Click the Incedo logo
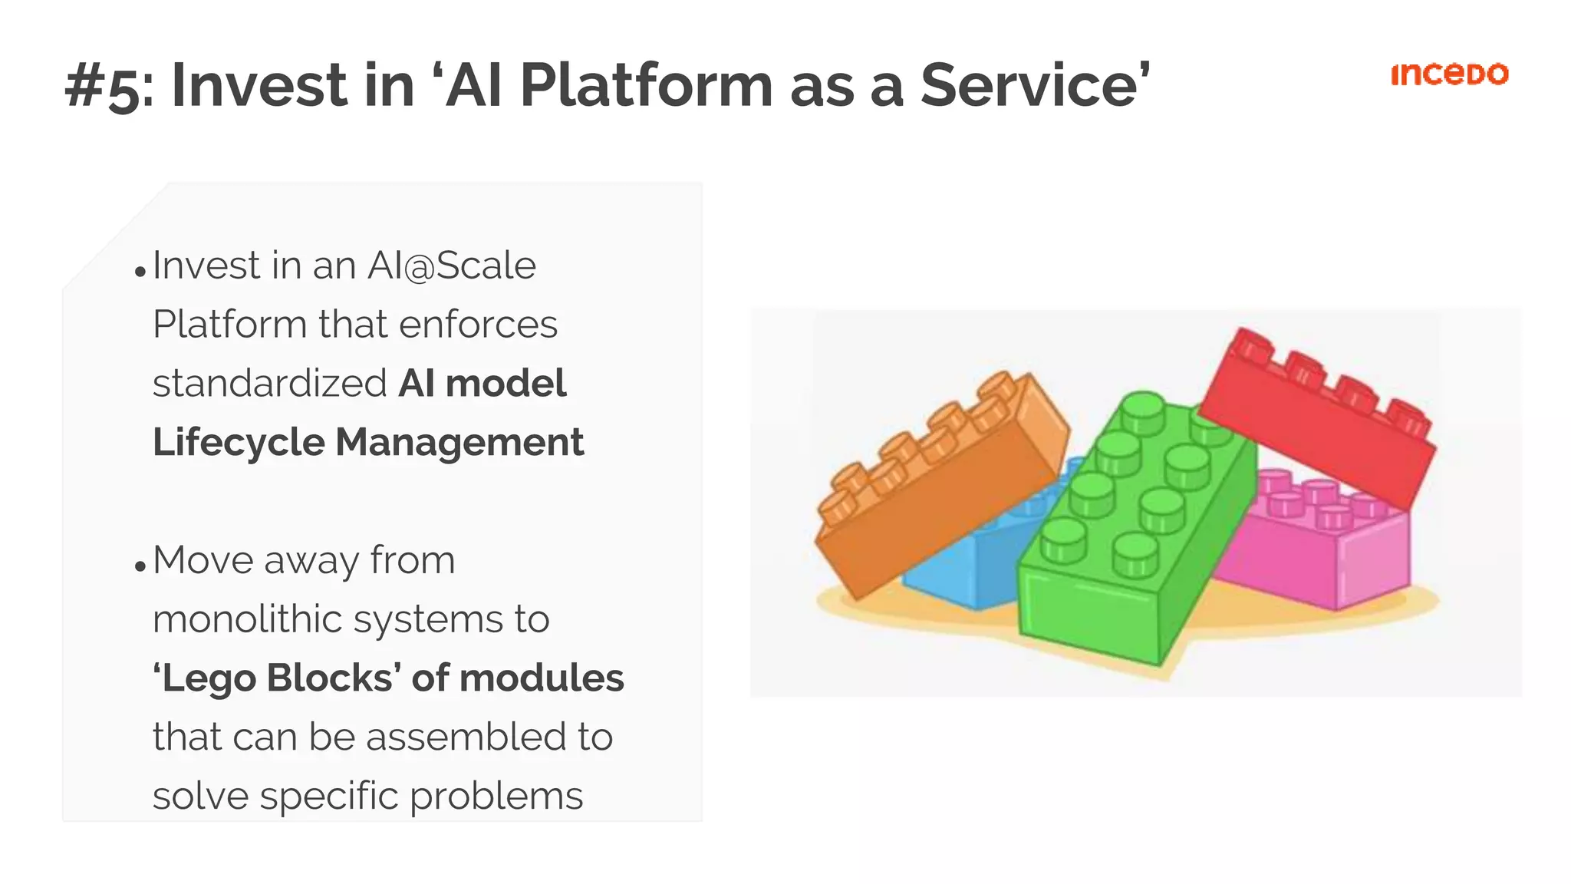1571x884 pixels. (1449, 74)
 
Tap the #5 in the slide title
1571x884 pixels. (103, 87)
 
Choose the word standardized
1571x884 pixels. (269, 383)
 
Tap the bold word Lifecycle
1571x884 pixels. (239, 443)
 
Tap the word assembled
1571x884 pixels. (467, 737)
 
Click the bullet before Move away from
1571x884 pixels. (140, 567)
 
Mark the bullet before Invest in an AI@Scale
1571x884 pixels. (140, 272)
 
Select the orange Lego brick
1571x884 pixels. (936, 491)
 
